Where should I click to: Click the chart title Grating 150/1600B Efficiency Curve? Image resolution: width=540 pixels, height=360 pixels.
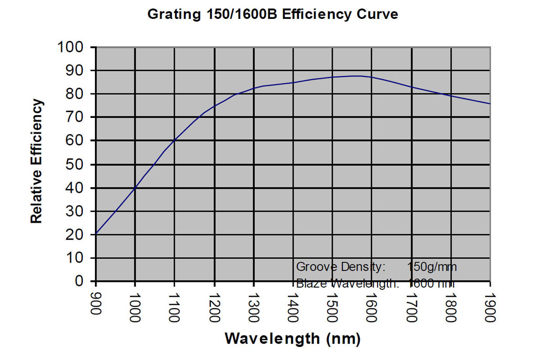[x=273, y=14]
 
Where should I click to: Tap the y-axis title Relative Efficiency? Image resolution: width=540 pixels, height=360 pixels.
[x=36, y=161]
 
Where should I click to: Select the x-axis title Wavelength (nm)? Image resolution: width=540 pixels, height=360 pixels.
[x=293, y=339]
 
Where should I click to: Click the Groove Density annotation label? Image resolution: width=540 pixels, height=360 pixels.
[x=341, y=267]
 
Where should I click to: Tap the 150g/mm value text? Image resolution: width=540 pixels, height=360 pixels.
[x=431, y=267]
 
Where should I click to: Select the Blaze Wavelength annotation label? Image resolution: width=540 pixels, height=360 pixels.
[x=347, y=283]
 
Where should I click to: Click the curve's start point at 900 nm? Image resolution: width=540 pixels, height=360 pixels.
[x=95, y=234]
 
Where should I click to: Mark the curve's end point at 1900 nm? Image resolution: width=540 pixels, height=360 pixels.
[x=490, y=104]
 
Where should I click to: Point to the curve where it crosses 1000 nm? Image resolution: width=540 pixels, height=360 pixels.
[x=135, y=188]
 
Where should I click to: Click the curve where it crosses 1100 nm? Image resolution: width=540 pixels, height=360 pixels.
[x=175, y=140]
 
